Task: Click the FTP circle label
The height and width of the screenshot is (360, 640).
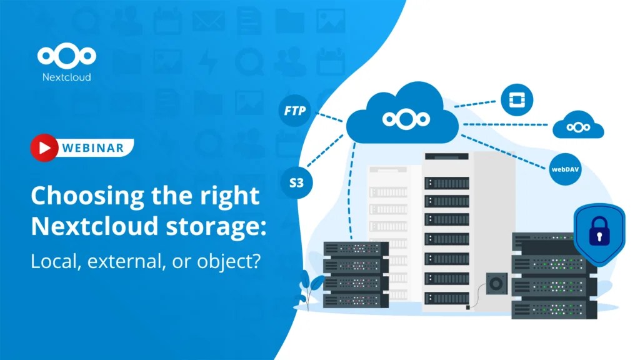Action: click(295, 112)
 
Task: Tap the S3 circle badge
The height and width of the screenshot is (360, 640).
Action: click(296, 183)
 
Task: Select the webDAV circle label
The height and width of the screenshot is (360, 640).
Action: click(565, 169)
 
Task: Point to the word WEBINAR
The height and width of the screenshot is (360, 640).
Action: click(92, 148)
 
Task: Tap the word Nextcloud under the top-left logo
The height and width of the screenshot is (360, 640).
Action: click(66, 77)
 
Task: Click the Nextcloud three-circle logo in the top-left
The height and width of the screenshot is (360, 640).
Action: click(66, 56)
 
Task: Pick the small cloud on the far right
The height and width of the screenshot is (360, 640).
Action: click(578, 126)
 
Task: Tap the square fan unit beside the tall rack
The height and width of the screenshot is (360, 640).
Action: click(496, 284)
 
